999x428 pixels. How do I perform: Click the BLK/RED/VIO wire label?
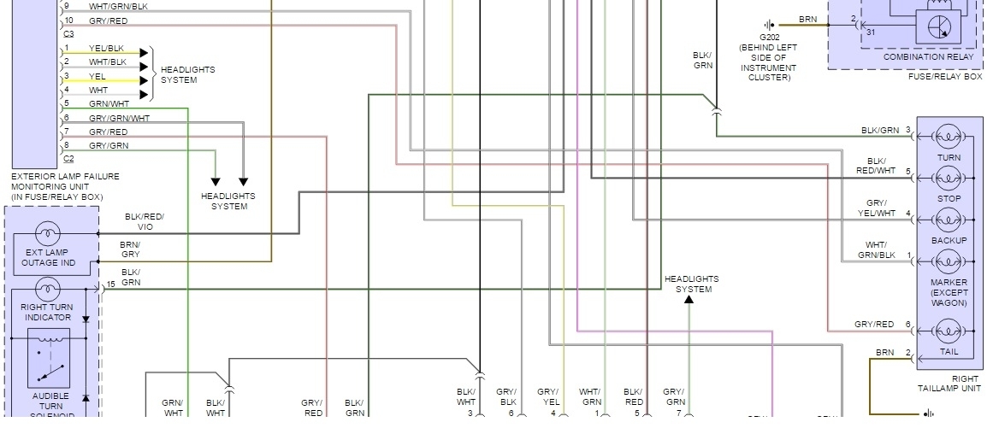144,222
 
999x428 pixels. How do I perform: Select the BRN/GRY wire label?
130,249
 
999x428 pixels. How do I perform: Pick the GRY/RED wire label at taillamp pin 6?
873,325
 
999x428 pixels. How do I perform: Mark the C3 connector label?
69,32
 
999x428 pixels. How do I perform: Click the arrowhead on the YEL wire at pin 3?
144,80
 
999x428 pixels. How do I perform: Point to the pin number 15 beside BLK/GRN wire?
111,284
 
